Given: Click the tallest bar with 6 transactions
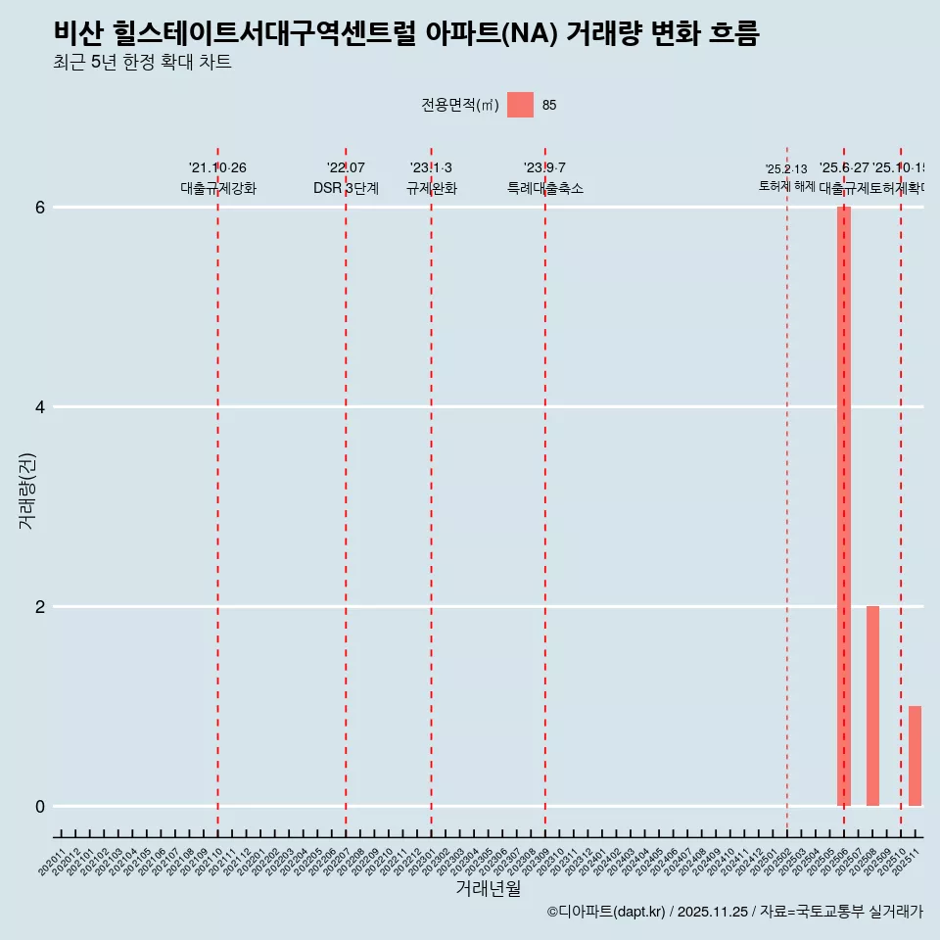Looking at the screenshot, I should [x=843, y=505].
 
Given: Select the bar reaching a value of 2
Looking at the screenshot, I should [x=872, y=706].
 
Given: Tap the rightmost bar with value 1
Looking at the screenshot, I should [x=915, y=756].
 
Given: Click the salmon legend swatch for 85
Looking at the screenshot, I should [x=520, y=105].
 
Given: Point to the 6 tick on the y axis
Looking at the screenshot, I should [x=41, y=208].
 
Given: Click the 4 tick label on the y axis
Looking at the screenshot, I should [x=41, y=407].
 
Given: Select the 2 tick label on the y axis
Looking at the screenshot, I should [x=41, y=607].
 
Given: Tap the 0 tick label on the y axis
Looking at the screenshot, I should [x=41, y=807].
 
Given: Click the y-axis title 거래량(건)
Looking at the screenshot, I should [x=27, y=491].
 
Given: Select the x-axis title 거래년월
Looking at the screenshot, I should [x=488, y=888].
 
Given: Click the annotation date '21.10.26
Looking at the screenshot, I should [x=217, y=168].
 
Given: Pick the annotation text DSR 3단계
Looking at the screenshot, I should [x=346, y=188].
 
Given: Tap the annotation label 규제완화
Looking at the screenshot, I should [x=431, y=188].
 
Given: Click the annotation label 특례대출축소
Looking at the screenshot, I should [x=544, y=188].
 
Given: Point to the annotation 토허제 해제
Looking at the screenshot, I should [x=786, y=186].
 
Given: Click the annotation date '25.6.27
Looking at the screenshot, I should [x=844, y=168].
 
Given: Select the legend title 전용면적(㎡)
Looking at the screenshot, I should [x=460, y=106].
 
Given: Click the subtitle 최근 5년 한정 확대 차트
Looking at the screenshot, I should [x=143, y=63].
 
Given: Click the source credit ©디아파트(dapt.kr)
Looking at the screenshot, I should [x=606, y=912].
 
